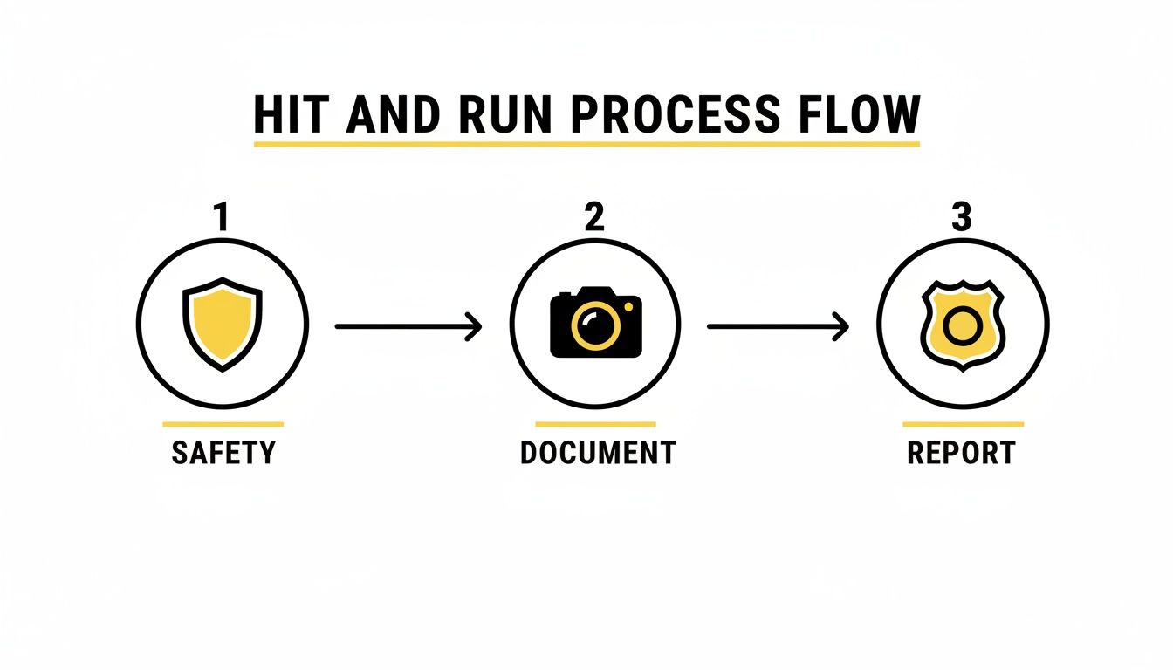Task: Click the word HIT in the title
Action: (285, 114)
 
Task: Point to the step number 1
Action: (222, 218)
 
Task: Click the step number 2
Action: (593, 218)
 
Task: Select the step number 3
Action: (961, 218)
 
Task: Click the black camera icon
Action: (596, 322)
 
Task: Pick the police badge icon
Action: (962, 325)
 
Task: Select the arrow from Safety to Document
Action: (408, 326)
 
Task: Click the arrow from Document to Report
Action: (777, 326)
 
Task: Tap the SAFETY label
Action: (223, 453)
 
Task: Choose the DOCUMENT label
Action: (597, 453)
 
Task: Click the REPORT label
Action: (962, 453)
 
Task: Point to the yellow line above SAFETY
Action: (223, 424)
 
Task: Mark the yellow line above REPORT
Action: (963, 424)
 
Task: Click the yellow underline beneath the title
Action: (586, 142)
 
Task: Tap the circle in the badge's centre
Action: (962, 326)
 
